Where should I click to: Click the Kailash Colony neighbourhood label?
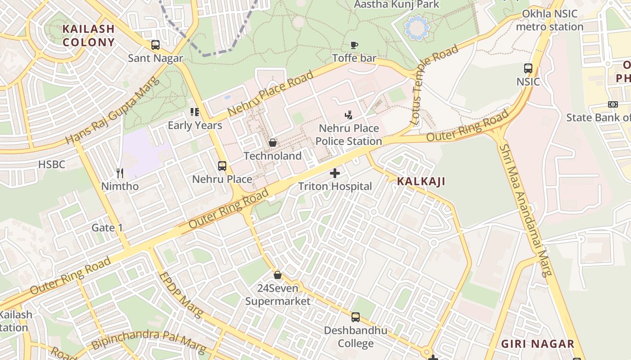pos(88,36)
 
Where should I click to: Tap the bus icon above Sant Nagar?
pos(155,45)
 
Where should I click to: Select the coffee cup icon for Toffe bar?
pos(354,45)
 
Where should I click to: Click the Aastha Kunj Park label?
pos(396,4)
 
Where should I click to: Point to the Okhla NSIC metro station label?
pos(549,20)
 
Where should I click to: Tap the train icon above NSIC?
pos(528,68)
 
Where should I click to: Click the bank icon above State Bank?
pos(613,104)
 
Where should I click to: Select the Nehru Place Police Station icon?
pos(348,115)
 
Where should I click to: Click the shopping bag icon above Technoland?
pos(273,143)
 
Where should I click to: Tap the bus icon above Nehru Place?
pos(222,166)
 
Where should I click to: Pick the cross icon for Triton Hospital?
pos(335,173)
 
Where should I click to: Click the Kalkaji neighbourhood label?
pos(421,181)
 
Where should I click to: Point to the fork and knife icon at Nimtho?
pos(120,173)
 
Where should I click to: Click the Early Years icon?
pos(195,112)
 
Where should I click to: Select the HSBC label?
pos(52,165)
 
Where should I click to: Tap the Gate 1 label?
pos(107,228)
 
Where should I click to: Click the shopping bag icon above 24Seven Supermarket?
pos(278,274)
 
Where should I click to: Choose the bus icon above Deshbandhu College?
pos(356,317)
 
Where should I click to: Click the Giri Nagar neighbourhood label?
pos(538,344)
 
